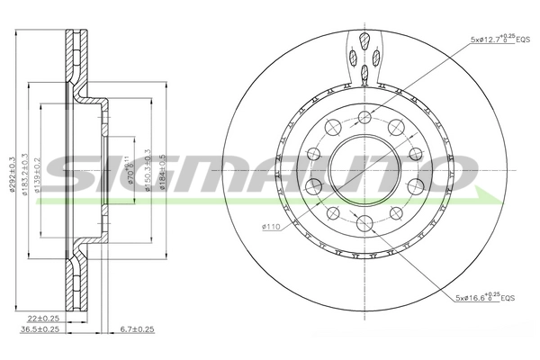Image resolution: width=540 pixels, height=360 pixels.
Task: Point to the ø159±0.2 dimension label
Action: (39, 171)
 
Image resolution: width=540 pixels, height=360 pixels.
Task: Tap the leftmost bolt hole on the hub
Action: (313, 186)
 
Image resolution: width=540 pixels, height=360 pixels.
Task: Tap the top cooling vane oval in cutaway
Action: (364, 40)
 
